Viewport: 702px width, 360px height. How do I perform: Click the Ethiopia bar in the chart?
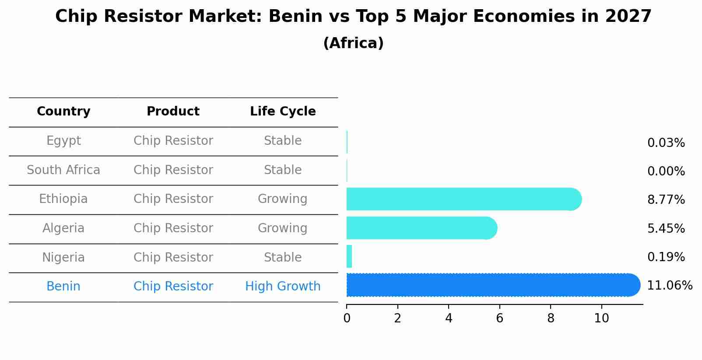[x=463, y=199]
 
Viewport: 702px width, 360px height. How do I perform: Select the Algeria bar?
[x=421, y=228]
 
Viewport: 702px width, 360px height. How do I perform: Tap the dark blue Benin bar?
[x=492, y=285]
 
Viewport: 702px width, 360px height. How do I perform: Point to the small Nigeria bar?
[x=349, y=256]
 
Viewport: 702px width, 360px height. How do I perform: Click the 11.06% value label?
[x=669, y=286]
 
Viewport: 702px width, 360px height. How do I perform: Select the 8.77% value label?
[x=666, y=200]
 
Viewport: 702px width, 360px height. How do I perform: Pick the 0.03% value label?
[x=666, y=143]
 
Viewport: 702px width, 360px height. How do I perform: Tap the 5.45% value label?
[x=666, y=228]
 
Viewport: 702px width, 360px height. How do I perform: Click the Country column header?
[x=63, y=112]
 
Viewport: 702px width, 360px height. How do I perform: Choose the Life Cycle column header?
[x=283, y=112]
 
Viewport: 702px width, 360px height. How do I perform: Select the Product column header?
[x=173, y=112]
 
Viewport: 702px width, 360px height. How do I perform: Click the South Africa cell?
[x=63, y=170]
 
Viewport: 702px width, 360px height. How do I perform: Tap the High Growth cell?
[x=283, y=287]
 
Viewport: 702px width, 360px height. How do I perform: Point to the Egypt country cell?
[x=63, y=141]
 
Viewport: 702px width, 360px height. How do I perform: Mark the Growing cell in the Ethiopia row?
[x=283, y=199]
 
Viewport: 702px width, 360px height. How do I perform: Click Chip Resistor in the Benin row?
[x=173, y=287]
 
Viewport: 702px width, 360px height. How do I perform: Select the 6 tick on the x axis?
[x=499, y=318]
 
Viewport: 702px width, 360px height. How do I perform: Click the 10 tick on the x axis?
[x=601, y=318]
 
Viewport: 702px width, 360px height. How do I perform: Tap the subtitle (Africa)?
[x=353, y=43]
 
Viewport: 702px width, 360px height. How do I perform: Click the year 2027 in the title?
[x=628, y=17]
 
